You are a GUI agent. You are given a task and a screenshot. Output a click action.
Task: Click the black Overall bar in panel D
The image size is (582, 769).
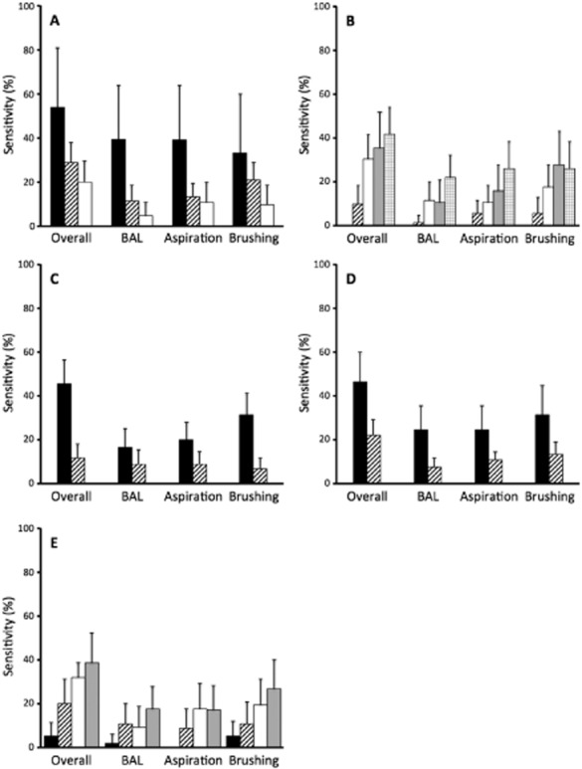(359, 432)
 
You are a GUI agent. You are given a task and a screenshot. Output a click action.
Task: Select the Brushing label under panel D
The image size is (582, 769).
(541, 496)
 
